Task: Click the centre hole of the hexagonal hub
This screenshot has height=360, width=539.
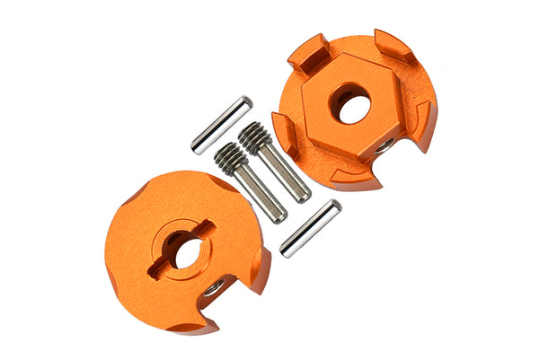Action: coord(349,103)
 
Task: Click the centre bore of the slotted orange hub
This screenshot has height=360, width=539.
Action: coord(185,250)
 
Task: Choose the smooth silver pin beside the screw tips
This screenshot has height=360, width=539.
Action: coord(310,228)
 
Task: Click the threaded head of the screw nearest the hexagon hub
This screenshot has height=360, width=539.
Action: coord(254,137)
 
